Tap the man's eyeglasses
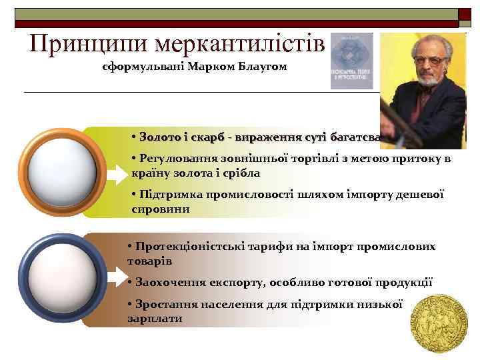427,60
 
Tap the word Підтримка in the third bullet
165,195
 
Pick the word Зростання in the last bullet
161,304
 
